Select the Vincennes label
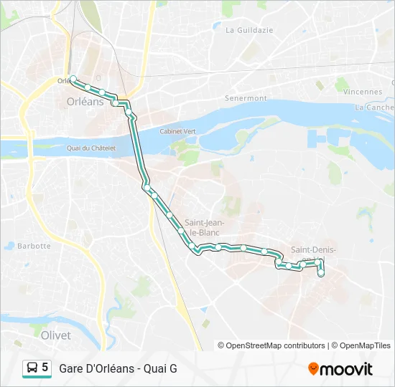363,92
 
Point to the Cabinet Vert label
178,132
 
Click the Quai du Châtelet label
90,148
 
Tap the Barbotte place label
34,246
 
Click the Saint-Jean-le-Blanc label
205,226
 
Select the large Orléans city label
85,102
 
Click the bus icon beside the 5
32,368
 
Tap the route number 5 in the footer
45,368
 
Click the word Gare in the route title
72,368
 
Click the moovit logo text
346,369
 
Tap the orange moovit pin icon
313,369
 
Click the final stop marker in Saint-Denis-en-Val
321,273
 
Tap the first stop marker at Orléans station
73,79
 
